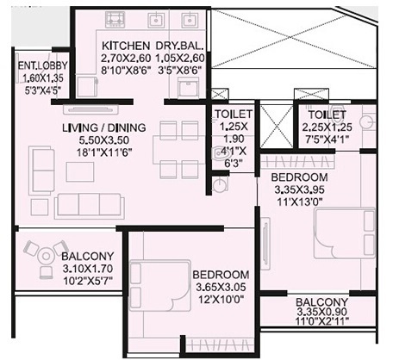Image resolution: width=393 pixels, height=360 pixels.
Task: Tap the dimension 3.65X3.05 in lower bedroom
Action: (220, 287)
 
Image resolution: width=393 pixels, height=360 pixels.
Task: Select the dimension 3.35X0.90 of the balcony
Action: (321, 314)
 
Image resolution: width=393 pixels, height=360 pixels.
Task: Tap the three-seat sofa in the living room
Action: (88, 203)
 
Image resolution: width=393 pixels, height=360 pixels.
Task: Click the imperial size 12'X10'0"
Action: (220, 299)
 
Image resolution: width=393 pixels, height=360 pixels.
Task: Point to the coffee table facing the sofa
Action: (79, 171)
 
